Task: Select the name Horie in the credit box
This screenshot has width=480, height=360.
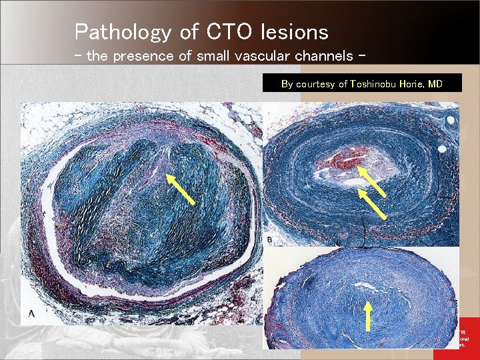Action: [413, 84]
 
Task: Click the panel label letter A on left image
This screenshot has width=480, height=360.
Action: [32, 313]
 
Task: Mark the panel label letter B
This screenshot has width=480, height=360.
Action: [269, 239]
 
